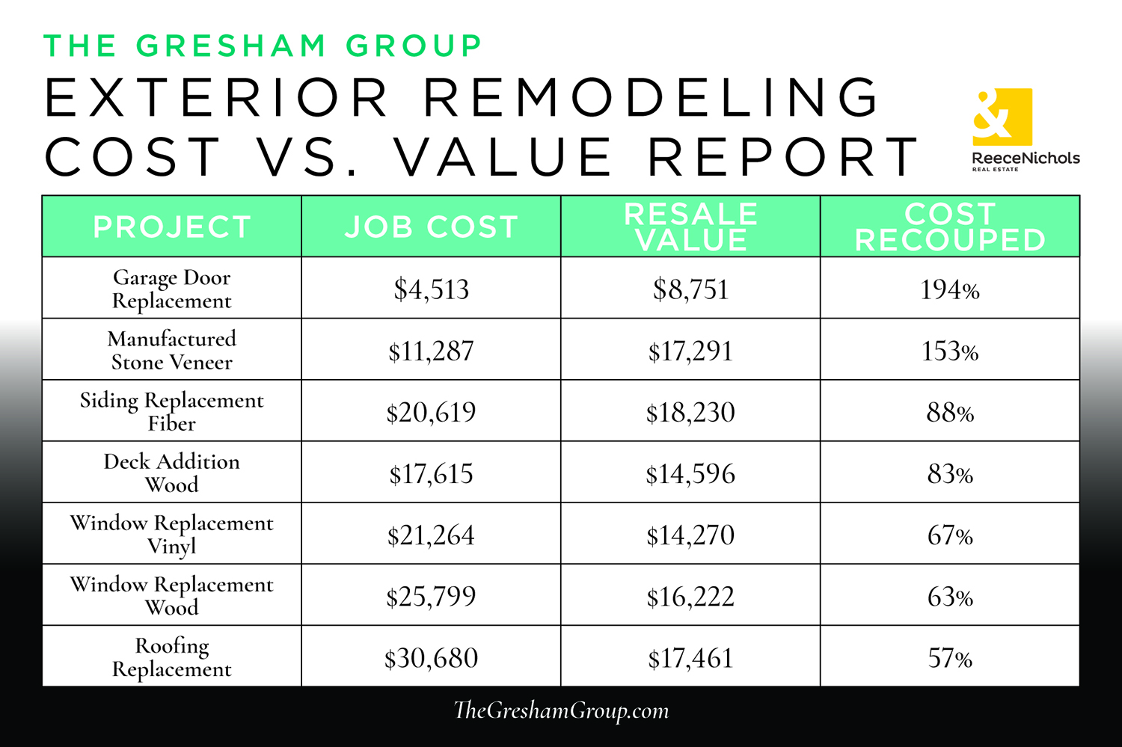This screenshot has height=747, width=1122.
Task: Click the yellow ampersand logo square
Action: [x=1002, y=117]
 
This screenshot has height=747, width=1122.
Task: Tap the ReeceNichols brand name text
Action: [x=1026, y=158]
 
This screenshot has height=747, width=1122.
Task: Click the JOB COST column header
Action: [x=431, y=227]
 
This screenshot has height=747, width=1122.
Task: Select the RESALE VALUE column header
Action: [x=690, y=227]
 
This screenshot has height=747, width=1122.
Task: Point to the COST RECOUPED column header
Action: [x=950, y=227]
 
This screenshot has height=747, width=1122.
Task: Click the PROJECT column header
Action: [x=172, y=227]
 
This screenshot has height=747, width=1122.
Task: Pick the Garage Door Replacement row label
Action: [x=172, y=289]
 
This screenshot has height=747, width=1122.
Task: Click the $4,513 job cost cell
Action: [x=431, y=289]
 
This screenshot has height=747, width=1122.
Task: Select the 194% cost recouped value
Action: [x=950, y=289]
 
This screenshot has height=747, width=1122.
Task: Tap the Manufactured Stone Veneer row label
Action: [x=172, y=350]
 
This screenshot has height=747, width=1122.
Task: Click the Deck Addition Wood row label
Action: [x=172, y=473]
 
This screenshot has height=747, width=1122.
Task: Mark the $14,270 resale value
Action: [x=690, y=535]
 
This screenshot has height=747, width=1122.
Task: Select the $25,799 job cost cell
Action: [x=431, y=597]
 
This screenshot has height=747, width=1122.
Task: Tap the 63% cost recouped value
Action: [x=950, y=597]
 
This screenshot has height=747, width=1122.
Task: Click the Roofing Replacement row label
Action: [x=172, y=657]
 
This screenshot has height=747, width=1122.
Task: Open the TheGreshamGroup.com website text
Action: [x=561, y=710]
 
